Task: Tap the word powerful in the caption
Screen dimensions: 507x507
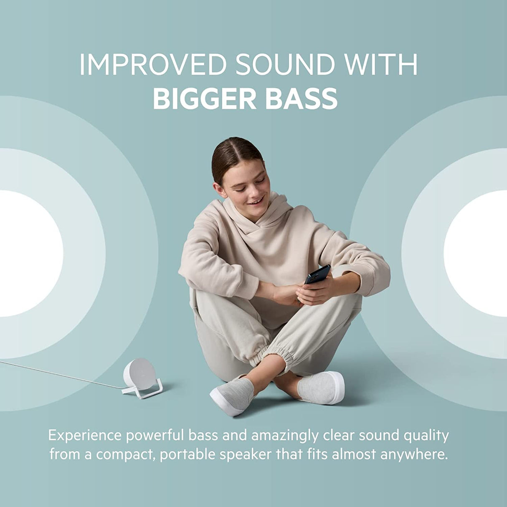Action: [155, 436]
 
